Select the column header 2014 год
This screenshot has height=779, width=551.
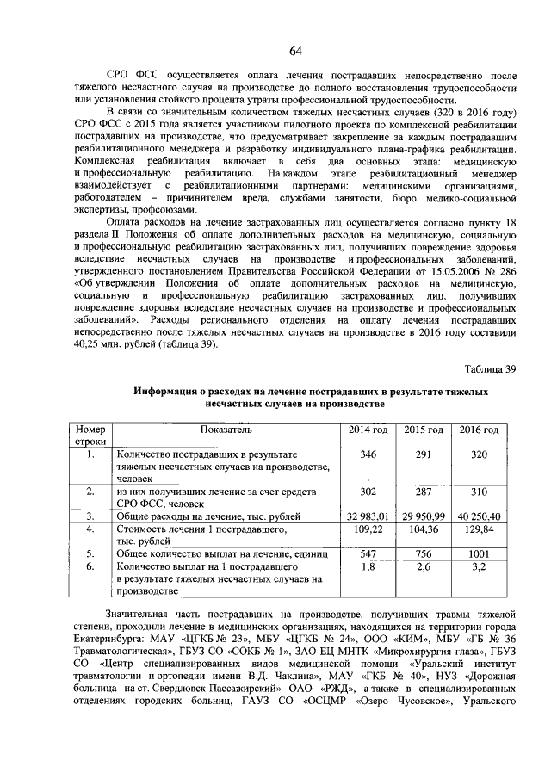click(368, 430)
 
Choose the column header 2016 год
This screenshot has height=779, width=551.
click(479, 430)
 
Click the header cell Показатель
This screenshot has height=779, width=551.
click(226, 430)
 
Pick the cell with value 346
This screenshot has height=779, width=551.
click(368, 454)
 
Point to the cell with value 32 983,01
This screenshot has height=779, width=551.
click(368, 516)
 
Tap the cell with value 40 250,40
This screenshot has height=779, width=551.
click(479, 516)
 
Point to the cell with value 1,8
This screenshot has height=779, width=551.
click(368, 567)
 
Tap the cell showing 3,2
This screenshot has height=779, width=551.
click(479, 567)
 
